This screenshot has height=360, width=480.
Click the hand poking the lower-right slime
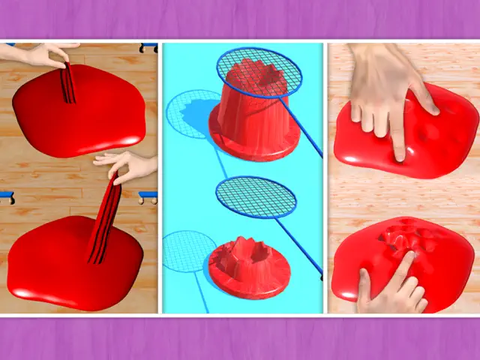point(394,285)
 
